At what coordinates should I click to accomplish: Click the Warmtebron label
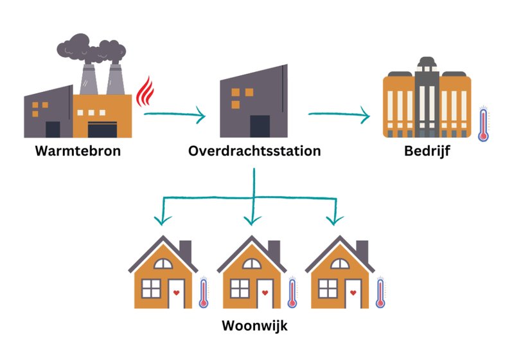click(x=78, y=151)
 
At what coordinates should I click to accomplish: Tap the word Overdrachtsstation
click(x=254, y=151)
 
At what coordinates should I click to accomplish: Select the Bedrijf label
click(x=427, y=152)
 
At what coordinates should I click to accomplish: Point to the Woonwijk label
click(x=254, y=326)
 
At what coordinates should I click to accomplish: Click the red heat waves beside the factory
click(x=145, y=92)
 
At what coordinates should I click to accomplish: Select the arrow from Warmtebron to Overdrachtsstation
click(x=174, y=114)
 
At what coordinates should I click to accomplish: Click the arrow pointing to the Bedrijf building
click(x=339, y=114)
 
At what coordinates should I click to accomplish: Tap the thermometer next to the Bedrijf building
click(x=484, y=123)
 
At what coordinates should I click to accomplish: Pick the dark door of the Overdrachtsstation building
click(x=260, y=126)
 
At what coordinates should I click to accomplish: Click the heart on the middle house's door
click(x=265, y=292)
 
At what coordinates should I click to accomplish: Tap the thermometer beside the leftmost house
click(x=204, y=292)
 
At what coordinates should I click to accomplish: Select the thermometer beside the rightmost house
click(x=380, y=292)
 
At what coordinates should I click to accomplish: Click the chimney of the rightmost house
click(x=362, y=251)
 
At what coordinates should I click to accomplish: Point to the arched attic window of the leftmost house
click(x=163, y=264)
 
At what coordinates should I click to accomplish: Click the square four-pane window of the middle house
click(x=240, y=289)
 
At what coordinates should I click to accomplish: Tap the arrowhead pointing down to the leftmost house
click(x=163, y=221)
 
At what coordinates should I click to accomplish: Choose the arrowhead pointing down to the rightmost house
click(x=335, y=221)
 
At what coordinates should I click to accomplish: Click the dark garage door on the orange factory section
click(x=102, y=129)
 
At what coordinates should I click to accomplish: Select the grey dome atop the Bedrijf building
click(x=427, y=61)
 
